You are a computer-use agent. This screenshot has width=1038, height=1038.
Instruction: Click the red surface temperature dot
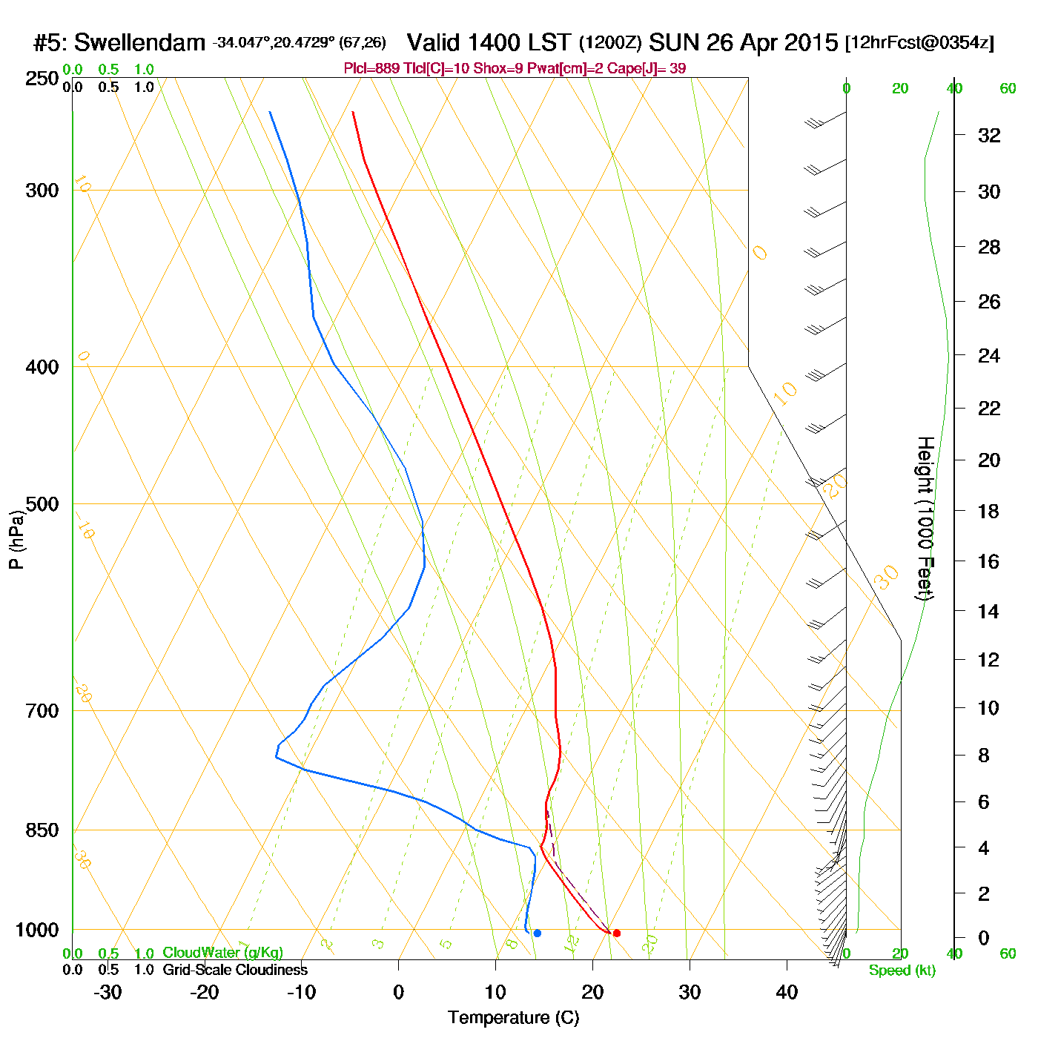pyautogui.click(x=617, y=933)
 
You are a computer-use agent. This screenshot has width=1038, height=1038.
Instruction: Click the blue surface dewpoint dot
pyautogui.click(x=538, y=933)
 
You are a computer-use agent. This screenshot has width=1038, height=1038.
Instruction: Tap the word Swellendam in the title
pyautogui.click(x=139, y=43)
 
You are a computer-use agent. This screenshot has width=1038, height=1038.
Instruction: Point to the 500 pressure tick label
pyautogui.click(x=42, y=504)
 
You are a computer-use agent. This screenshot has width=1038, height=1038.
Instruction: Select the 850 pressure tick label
pyautogui.click(x=42, y=830)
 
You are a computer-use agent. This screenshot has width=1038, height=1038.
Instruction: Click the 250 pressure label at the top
pyautogui.click(x=42, y=79)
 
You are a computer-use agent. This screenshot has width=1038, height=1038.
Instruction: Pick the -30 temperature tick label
pyautogui.click(x=108, y=992)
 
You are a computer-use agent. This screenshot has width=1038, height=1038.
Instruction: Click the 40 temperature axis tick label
pyautogui.click(x=787, y=992)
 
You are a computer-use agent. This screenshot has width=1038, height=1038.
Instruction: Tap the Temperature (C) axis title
pyautogui.click(x=513, y=1018)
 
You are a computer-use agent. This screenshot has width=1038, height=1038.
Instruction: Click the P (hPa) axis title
pyautogui.click(x=16, y=540)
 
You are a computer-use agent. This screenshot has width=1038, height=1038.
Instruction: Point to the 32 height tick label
pyautogui.click(x=989, y=136)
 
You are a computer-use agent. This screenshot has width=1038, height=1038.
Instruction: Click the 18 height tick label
pyautogui.click(x=989, y=511)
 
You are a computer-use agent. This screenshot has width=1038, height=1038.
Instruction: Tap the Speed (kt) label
pyautogui.click(x=902, y=971)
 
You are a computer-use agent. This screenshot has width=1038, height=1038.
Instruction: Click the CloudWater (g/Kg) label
pyautogui.click(x=222, y=953)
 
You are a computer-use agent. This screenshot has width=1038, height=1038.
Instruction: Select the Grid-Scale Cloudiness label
pyautogui.click(x=235, y=970)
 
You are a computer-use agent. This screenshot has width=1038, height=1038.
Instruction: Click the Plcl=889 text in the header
pyautogui.click(x=370, y=69)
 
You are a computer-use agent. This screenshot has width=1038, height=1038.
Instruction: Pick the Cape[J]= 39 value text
pyautogui.click(x=647, y=69)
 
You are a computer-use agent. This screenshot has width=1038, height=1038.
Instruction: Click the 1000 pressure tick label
pyautogui.click(x=37, y=930)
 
